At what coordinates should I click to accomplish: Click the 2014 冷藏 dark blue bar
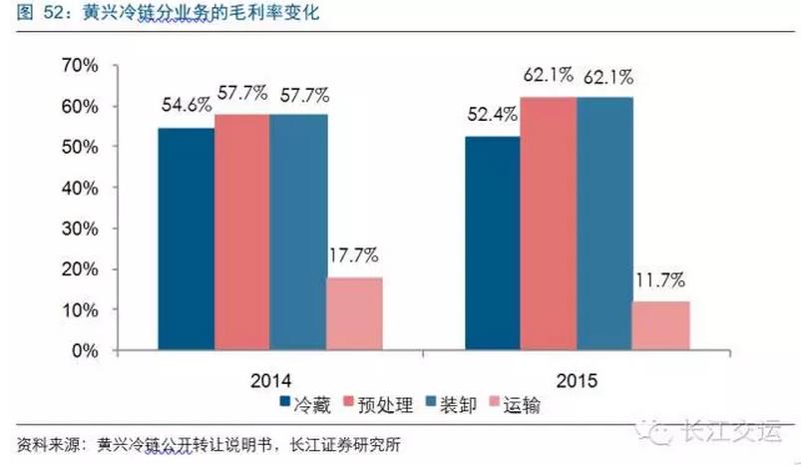pos(186,239)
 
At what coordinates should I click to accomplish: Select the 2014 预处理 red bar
pos(241,232)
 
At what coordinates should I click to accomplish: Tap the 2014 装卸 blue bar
pos(298,232)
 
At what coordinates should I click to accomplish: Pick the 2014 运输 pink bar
pos(354,314)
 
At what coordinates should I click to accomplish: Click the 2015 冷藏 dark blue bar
pos(493,243)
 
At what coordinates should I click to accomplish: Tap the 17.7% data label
pos(354,254)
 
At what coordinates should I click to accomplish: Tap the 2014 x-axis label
pos(270,381)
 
